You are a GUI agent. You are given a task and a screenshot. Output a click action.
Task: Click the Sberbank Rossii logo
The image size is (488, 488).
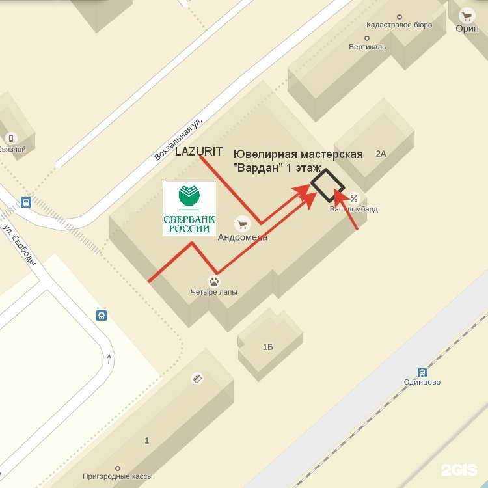point(189,208)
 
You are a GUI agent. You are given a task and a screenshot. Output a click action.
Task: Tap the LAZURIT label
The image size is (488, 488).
point(199,152)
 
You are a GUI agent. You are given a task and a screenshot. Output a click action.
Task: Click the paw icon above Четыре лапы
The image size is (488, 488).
point(213,281)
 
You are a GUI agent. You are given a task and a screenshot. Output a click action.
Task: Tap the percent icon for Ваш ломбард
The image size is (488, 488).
point(354,198)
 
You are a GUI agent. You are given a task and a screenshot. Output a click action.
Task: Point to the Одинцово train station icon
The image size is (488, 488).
point(422,372)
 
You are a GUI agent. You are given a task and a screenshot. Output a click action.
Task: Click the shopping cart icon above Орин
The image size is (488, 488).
point(466,17)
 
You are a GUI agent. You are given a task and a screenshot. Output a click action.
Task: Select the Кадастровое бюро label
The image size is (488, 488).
point(399,25)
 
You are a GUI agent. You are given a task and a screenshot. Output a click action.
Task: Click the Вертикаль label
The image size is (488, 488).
point(367,47)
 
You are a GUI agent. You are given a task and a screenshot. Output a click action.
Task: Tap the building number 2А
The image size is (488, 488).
point(381,154)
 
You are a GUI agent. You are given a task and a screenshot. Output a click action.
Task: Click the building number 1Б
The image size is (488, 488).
point(267,347)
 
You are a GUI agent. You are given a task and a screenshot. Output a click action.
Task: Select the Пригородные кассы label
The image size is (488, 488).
point(117,476)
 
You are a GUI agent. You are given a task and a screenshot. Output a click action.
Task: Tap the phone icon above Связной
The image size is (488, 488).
point(10,138)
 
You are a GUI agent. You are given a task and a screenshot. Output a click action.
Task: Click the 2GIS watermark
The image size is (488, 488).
point(459,470)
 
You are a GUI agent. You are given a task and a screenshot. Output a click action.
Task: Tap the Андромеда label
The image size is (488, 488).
point(243,237)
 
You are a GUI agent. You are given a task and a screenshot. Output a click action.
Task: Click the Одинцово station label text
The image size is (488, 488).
point(422,382)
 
